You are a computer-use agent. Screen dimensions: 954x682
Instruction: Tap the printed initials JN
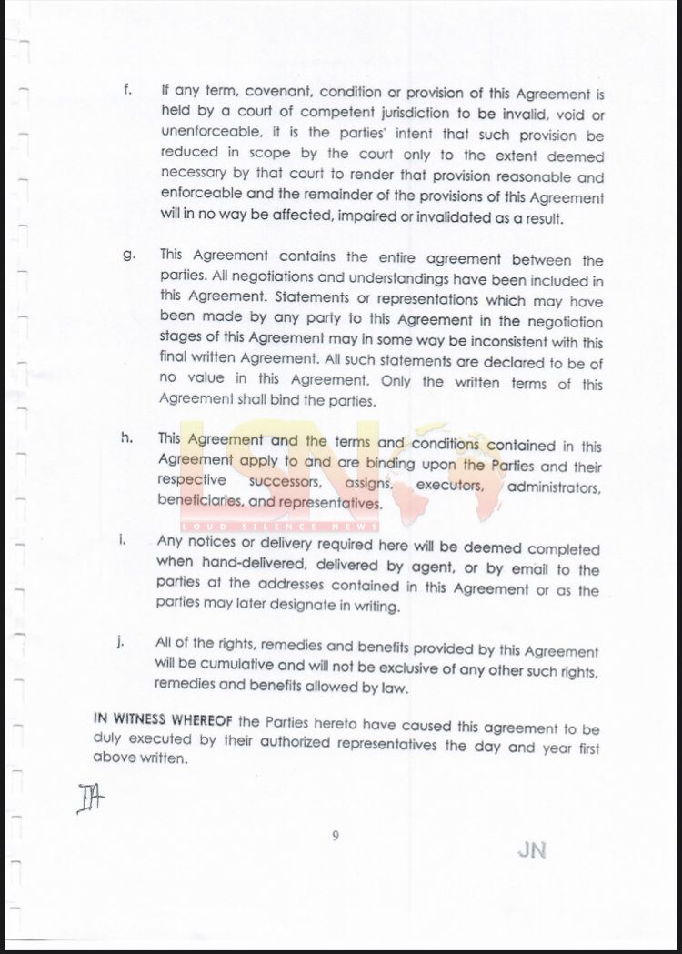[532, 850]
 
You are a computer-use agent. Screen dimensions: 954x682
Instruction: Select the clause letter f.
[128, 91]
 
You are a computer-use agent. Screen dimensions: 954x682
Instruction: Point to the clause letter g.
[129, 256]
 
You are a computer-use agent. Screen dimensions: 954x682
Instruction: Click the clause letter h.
[127, 438]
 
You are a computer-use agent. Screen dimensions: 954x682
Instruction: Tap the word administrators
[555, 488]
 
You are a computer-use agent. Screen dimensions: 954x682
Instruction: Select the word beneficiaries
[200, 501]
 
